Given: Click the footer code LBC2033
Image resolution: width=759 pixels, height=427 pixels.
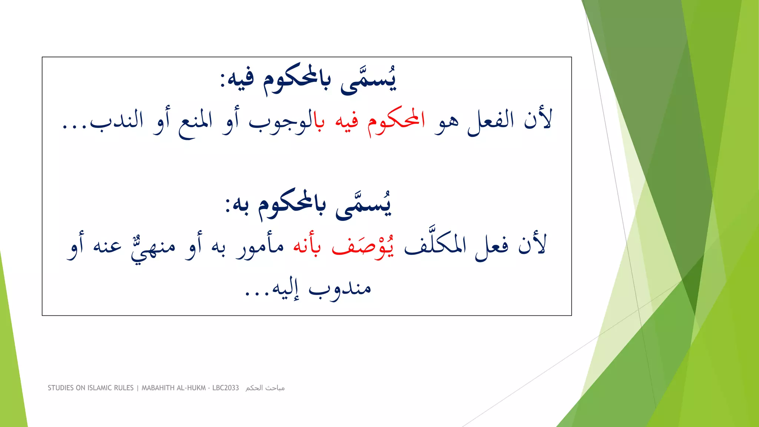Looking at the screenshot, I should (x=225, y=388).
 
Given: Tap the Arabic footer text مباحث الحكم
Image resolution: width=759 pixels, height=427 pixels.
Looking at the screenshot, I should (x=265, y=388).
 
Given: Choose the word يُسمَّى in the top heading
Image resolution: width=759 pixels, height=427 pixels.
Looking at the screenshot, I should (x=368, y=81).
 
